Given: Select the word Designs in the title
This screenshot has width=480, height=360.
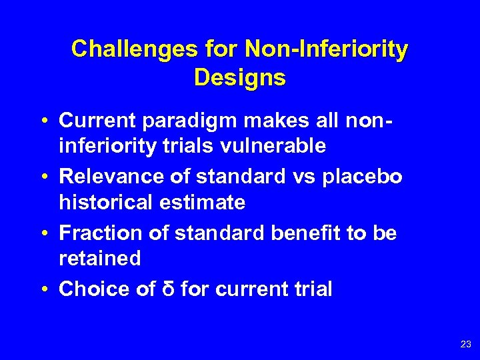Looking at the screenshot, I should pyautogui.click(x=240, y=77).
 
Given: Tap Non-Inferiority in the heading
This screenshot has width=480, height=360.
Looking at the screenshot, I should pyautogui.click(x=327, y=49).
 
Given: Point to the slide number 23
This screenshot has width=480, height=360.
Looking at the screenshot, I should pyautogui.click(x=465, y=345).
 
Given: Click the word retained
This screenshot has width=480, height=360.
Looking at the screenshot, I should pyautogui.click(x=100, y=259).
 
